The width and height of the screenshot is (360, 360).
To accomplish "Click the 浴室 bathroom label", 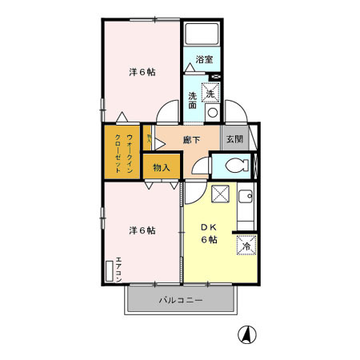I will (x=204, y=59).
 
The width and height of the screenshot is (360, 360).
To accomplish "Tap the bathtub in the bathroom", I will (x=203, y=35).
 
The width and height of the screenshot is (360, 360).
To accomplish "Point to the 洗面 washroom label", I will (x=193, y=101).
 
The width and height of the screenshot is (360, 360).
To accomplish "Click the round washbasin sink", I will (x=212, y=112).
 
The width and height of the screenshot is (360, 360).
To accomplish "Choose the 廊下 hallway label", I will (x=190, y=139).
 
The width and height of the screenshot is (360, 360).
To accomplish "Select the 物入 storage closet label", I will (x=161, y=167).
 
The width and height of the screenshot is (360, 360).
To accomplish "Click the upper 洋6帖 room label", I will (x=142, y=72).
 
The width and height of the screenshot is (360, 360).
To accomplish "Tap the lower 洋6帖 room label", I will (x=142, y=230).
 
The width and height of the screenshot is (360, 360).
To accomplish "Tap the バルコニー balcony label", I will (x=180, y=301).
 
